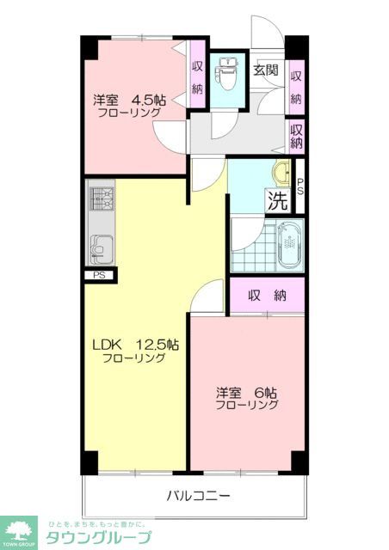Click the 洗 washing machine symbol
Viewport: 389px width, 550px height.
click(277, 204)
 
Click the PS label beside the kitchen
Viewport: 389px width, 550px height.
click(100, 275)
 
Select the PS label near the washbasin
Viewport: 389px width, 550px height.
click(299, 186)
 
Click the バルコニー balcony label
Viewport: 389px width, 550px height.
click(198, 496)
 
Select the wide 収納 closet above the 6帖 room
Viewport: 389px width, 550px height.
click(267, 296)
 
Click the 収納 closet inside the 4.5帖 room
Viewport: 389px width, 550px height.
click(197, 78)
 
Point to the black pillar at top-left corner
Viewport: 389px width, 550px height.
click(89, 47)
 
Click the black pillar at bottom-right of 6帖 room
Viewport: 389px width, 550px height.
click(299, 461)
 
